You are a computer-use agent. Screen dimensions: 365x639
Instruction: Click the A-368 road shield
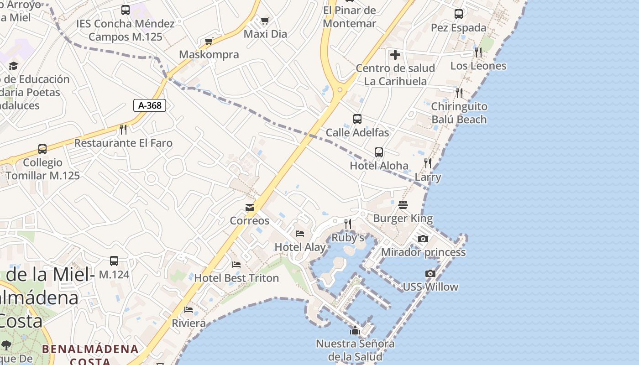pos(150,105)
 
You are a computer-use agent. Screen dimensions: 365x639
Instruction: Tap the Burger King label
pos(403,218)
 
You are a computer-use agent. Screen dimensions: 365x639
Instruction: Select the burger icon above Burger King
pos(403,205)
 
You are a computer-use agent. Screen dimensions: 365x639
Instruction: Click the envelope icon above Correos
pos(250,208)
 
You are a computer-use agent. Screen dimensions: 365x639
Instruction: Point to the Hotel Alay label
pos(300,247)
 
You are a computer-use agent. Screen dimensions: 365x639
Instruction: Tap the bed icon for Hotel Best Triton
pos(236,264)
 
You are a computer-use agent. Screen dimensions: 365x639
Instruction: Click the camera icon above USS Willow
pos(430,273)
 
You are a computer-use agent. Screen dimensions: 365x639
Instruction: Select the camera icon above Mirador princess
pos(423,239)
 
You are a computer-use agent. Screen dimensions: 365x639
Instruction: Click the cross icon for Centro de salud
pos(395,55)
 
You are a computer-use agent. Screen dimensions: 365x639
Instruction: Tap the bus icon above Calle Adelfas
pos(357,119)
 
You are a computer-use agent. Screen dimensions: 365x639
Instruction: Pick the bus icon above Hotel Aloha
pos(379,152)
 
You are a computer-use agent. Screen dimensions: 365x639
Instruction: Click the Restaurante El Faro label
pos(123,143)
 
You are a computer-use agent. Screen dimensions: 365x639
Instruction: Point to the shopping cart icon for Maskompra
pos(209,42)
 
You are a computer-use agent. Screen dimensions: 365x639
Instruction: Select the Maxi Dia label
pos(265,34)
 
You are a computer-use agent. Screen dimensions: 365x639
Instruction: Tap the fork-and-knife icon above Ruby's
pos(348,224)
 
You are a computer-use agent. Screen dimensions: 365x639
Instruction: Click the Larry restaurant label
pos(428,177)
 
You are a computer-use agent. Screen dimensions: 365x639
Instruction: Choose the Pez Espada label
pos(459,28)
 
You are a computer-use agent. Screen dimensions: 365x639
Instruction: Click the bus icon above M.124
pos(114,261)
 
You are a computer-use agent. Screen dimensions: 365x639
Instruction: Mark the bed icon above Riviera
pos(189,310)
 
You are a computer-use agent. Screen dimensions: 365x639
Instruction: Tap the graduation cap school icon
pos(13,66)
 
